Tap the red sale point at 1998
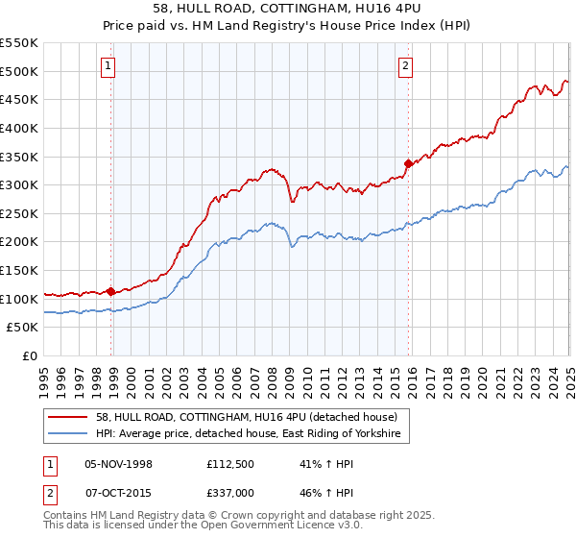(111, 291)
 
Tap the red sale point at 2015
(408, 163)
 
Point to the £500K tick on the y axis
(19, 71)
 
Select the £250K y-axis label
(19, 213)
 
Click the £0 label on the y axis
(30, 355)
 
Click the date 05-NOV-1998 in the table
(118, 464)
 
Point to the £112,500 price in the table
(231, 464)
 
